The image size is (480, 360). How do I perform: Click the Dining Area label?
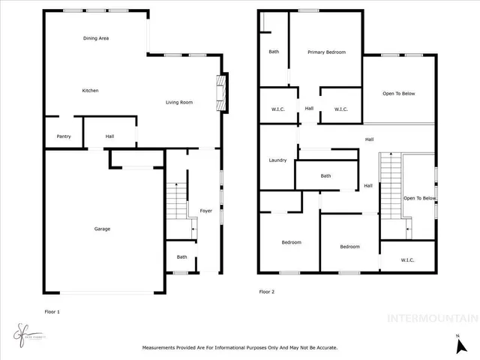97,37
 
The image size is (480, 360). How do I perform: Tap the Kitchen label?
90,91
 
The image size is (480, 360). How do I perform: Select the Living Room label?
179,102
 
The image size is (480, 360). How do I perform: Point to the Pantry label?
63,136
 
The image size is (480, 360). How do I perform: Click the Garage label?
102,229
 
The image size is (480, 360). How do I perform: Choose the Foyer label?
205,211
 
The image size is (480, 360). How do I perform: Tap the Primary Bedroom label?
326,52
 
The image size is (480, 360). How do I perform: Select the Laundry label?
277,160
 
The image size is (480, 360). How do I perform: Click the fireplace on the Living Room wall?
220,92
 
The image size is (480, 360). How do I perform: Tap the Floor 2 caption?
267,291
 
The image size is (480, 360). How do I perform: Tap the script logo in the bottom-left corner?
25,331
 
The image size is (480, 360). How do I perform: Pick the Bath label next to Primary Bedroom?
274,52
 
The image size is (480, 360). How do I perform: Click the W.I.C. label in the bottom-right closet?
407,260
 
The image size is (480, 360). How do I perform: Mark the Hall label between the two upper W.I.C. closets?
308,109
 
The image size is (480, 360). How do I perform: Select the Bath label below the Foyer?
181,257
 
